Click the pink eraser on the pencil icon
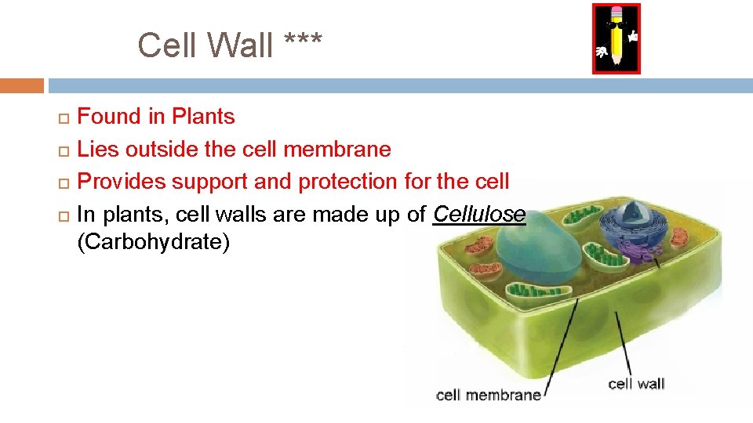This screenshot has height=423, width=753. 616,13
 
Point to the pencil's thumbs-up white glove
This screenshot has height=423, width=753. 632,36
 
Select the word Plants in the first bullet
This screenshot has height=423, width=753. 203,117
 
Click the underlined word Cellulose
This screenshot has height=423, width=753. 479,213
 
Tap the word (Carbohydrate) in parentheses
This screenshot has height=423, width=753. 154,242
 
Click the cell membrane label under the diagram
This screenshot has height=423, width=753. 488,395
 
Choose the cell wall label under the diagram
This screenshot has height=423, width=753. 636,383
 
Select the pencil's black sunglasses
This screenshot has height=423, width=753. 616,25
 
